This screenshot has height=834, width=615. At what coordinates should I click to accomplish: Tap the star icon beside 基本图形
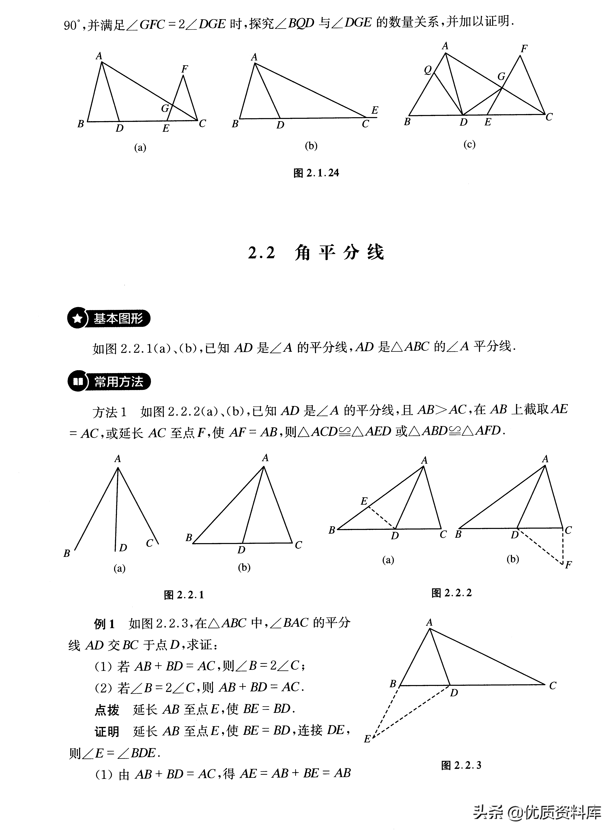click(77, 319)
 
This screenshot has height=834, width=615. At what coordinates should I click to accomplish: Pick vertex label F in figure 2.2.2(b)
click(568, 565)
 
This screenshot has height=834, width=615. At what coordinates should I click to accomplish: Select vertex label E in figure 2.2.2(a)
click(364, 501)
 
